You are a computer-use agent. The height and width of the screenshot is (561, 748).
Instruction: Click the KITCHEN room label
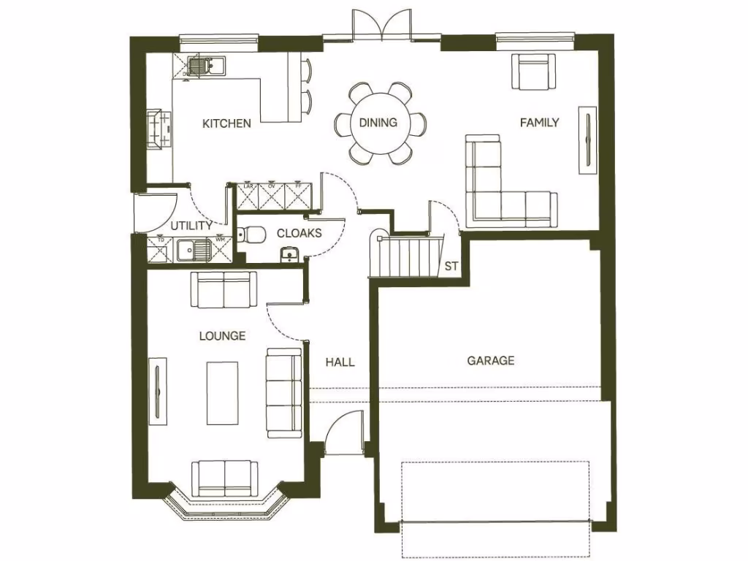pos(226,123)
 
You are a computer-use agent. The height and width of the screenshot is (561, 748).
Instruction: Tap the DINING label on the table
pos(378,123)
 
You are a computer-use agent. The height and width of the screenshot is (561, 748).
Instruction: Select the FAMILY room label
pos(539,123)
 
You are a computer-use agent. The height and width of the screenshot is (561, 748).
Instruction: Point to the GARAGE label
pos(491,360)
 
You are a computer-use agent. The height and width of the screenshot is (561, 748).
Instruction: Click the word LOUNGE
pos(222,336)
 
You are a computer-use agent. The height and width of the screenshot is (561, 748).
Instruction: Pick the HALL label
pos(340,362)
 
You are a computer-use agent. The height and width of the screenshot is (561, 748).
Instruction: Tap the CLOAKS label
pos(299,234)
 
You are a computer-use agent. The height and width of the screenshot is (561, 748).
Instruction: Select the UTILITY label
pos(191,226)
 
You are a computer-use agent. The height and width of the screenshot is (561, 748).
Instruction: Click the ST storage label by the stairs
pos(451,267)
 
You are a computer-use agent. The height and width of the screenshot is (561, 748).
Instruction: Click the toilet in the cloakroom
pos(253,234)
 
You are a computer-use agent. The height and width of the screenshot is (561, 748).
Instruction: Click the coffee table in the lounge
pos(223,393)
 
